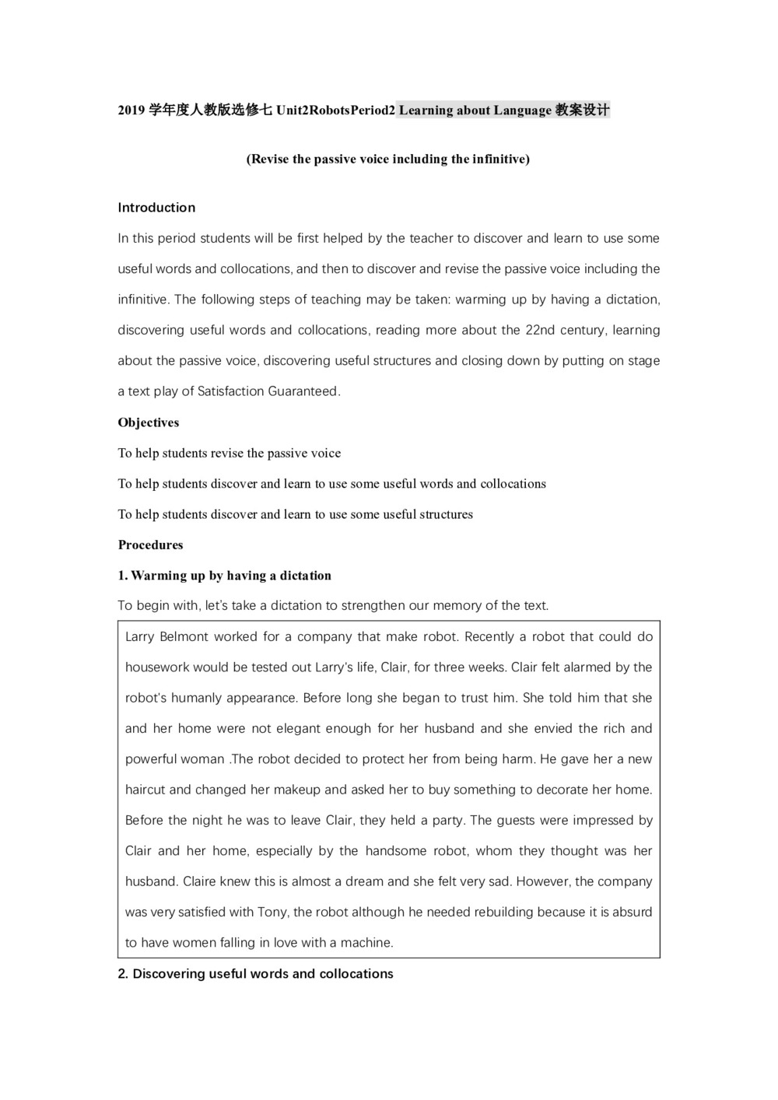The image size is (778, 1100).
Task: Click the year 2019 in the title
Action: pyautogui.click(x=131, y=110)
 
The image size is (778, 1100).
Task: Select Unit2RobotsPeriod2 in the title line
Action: pyautogui.click(x=335, y=110)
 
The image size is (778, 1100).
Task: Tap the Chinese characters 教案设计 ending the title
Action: pyautogui.click(x=582, y=110)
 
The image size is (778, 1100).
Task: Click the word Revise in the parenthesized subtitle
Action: pyautogui.click(x=270, y=159)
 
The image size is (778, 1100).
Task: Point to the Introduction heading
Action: pyautogui.click(x=156, y=208)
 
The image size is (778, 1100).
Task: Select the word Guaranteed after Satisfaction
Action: pyautogui.click(x=303, y=391)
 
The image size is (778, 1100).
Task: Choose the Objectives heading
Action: pyautogui.click(x=149, y=422)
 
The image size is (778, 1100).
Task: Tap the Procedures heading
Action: pyautogui.click(x=151, y=545)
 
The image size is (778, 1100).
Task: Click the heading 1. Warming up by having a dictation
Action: pyautogui.click(x=225, y=576)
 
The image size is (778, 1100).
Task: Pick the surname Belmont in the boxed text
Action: pyautogui.click(x=183, y=636)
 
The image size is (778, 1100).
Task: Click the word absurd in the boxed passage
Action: pyautogui.click(x=632, y=912)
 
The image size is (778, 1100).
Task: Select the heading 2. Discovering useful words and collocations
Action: pyautogui.click(x=256, y=974)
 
